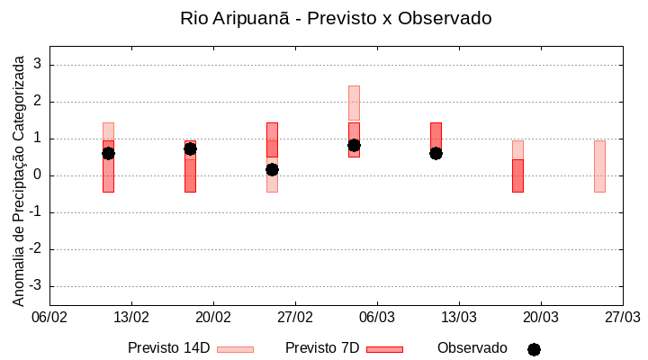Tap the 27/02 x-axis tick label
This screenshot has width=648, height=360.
(295, 317)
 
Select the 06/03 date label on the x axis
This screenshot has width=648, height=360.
(377, 317)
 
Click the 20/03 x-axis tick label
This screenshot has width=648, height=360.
(540, 317)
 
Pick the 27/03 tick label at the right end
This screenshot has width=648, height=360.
(622, 317)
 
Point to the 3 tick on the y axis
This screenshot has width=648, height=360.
(38, 65)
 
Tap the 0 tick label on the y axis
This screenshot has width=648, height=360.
(38, 175)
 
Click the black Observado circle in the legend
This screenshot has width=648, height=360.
(534, 349)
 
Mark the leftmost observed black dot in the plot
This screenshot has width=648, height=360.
(108, 153)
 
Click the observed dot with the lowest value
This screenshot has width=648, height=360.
(272, 169)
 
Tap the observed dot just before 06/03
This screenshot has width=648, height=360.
(354, 145)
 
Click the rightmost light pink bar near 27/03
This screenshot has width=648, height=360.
(599, 166)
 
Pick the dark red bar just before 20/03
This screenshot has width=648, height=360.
(517, 175)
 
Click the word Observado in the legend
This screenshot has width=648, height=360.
(472, 347)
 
